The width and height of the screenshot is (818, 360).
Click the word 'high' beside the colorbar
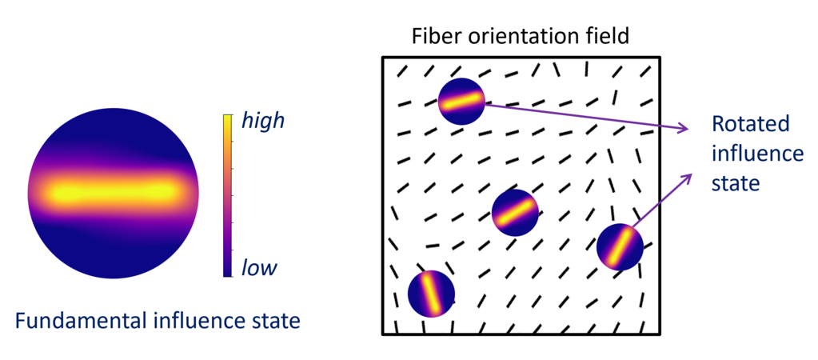point(262,122)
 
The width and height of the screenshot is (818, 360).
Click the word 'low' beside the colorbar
point(258,267)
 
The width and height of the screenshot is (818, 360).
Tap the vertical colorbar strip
point(228,195)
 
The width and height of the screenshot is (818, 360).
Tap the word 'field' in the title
point(607,36)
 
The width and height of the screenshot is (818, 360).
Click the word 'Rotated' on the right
point(750,124)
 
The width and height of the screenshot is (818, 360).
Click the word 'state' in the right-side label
point(734,183)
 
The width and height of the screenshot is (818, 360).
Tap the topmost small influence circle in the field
point(461,102)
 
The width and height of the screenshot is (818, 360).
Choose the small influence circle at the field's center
point(515,212)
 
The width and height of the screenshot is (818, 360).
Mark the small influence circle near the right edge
point(620,247)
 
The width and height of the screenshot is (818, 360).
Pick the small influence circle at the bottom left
point(431,294)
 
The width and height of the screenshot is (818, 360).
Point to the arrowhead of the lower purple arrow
point(689,175)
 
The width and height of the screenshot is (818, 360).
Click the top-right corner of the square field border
point(660,58)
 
